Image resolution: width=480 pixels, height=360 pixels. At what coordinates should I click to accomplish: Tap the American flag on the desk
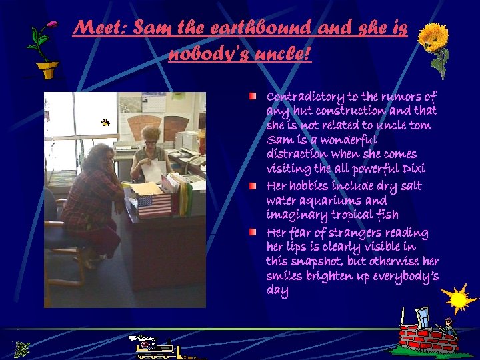[154, 204]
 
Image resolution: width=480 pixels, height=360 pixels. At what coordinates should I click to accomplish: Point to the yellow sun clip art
[459, 299]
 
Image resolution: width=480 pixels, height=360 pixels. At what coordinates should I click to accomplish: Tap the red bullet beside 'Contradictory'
[254, 97]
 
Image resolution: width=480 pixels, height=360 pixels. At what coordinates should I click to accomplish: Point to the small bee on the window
[105, 122]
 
